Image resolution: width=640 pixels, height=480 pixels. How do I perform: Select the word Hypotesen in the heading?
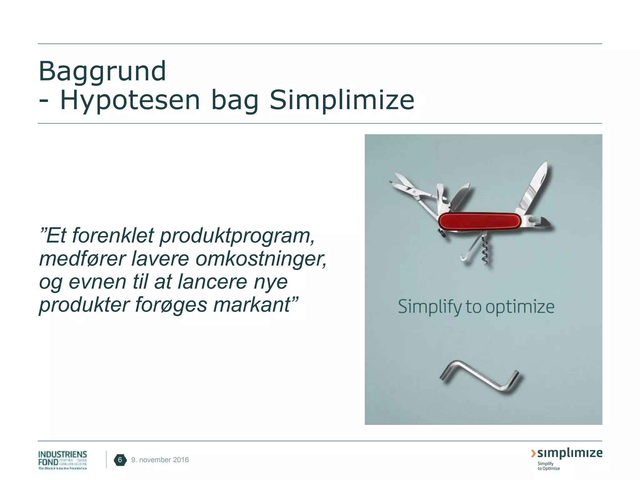(x=130, y=101)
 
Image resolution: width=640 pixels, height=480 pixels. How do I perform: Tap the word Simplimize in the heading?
(x=342, y=101)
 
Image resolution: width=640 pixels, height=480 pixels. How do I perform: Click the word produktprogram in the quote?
(x=237, y=236)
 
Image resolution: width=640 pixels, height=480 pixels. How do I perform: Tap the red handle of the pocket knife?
(x=479, y=221)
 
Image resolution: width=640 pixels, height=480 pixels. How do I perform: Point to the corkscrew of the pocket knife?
(x=485, y=250)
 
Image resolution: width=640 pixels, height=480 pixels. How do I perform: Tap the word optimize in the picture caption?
(x=520, y=307)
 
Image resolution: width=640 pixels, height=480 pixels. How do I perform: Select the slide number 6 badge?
(x=120, y=460)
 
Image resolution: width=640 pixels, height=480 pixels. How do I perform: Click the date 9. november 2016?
(x=160, y=460)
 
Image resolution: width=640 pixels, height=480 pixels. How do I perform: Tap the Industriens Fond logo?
(x=62, y=460)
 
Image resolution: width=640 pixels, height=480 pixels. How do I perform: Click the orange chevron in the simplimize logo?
(x=533, y=453)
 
